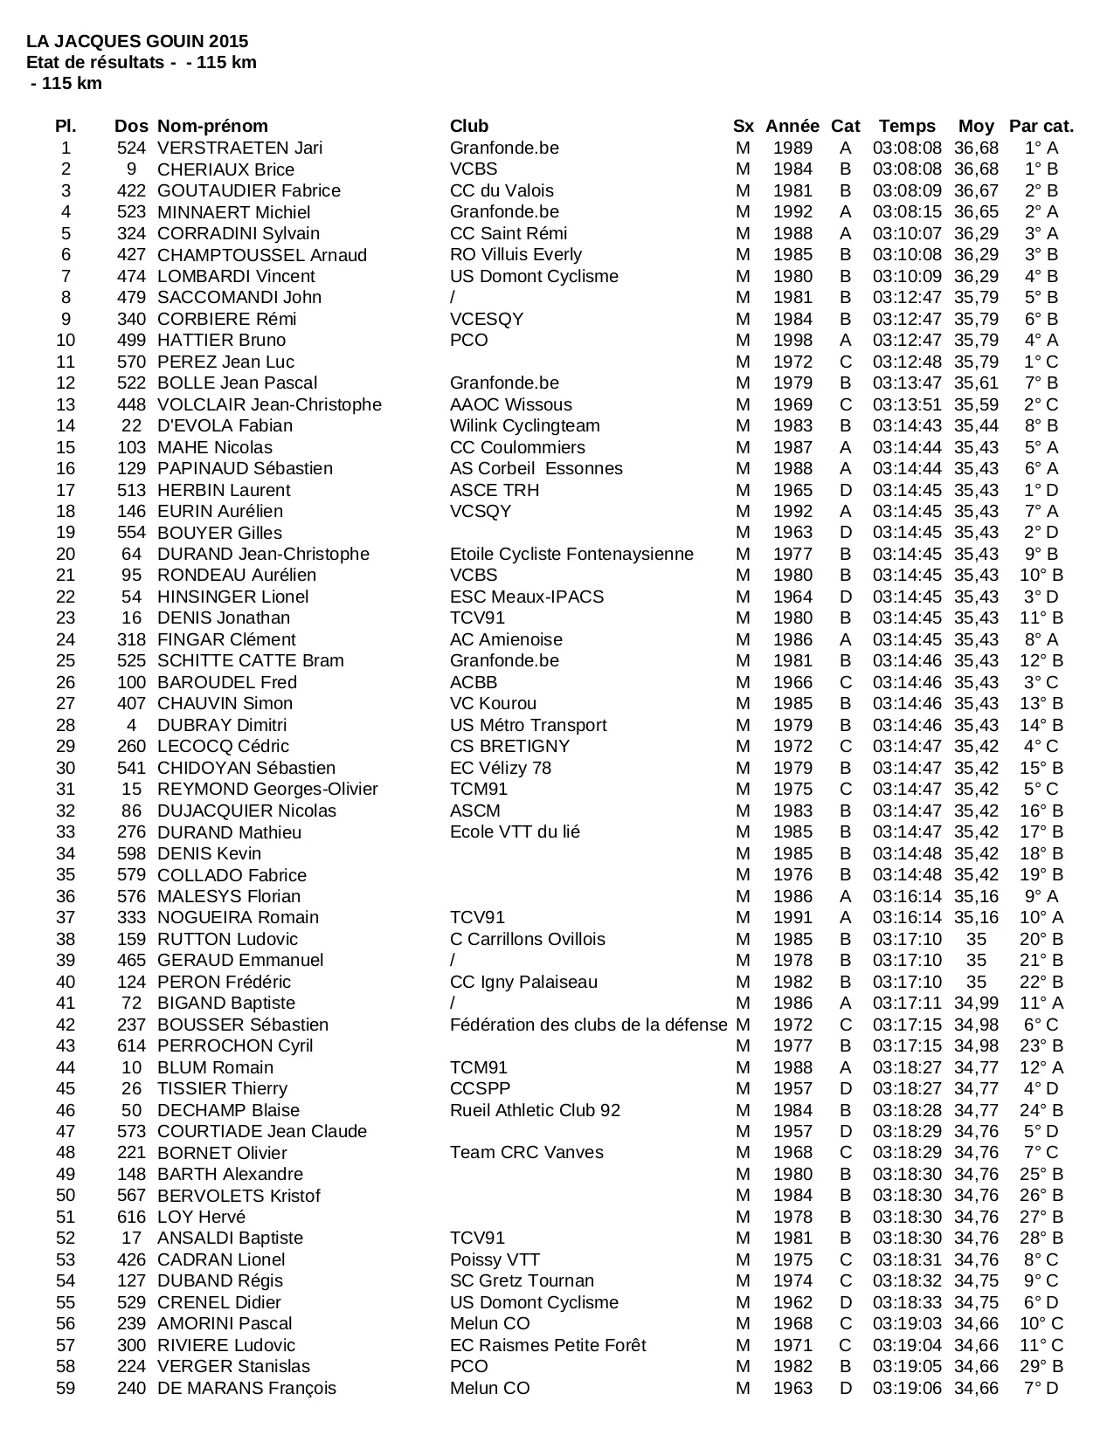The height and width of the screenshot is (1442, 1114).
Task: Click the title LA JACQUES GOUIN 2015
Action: coord(137,41)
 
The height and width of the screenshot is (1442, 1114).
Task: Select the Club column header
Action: coord(469,126)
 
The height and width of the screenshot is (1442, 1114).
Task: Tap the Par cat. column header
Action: coord(1041,126)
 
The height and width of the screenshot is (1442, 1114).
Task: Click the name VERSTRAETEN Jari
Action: coord(239,148)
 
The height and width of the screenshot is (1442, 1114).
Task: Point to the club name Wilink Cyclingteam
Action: coord(524,425)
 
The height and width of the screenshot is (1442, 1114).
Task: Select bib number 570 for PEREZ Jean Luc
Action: coord(132,362)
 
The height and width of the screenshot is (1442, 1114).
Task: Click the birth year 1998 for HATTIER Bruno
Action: coord(792,340)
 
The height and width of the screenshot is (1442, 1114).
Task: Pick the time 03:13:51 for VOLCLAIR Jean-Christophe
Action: coord(907,404)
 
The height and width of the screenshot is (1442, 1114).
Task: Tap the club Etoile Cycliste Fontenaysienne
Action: coord(571,554)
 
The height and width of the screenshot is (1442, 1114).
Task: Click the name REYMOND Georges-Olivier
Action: coord(267,789)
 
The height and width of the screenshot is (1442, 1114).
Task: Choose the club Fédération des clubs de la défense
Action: coord(588,1025)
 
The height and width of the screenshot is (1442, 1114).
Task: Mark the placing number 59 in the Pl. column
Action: coord(66,1388)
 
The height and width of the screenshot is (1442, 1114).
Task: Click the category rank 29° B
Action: coord(1041,1366)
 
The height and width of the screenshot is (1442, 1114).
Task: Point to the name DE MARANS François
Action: coord(246,1388)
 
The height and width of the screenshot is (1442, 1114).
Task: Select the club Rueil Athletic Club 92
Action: coord(535,1110)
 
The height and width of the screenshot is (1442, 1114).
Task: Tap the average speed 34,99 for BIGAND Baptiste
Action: coord(976,1003)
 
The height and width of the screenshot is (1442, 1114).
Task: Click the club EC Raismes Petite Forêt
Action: coord(548,1345)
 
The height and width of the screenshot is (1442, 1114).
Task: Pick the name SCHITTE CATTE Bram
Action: coord(251,660)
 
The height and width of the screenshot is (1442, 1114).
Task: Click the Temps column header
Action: coord(907,126)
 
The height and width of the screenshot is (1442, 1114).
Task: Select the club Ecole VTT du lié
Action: coord(515,831)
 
